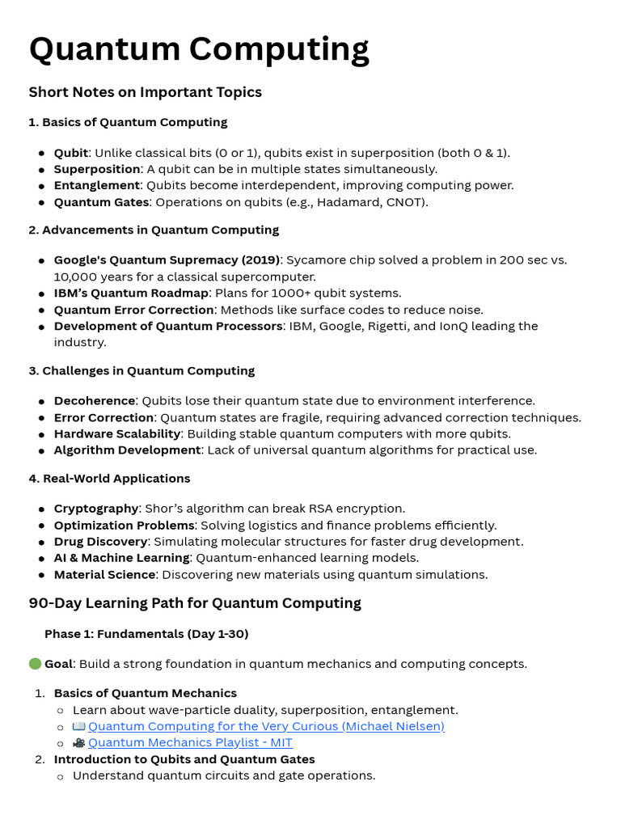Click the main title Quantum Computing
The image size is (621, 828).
tap(199, 50)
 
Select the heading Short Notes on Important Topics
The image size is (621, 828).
tap(146, 92)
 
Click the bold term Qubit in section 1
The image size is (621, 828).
tap(70, 153)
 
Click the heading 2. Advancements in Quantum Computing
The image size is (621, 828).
tap(154, 230)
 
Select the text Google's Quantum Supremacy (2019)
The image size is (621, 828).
tap(167, 260)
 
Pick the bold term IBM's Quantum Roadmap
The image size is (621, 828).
tap(131, 293)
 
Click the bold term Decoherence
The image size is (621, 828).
tap(95, 401)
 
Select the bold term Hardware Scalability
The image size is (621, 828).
tap(117, 433)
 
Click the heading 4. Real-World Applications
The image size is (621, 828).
tap(109, 479)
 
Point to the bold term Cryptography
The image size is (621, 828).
tap(96, 509)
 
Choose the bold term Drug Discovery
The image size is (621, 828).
tap(101, 542)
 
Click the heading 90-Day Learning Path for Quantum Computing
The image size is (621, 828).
tap(195, 603)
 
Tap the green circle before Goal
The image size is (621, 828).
tap(35, 664)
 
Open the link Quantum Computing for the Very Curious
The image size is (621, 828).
tap(266, 726)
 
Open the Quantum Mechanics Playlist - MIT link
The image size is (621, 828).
tap(190, 742)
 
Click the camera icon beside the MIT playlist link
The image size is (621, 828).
tap(79, 742)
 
